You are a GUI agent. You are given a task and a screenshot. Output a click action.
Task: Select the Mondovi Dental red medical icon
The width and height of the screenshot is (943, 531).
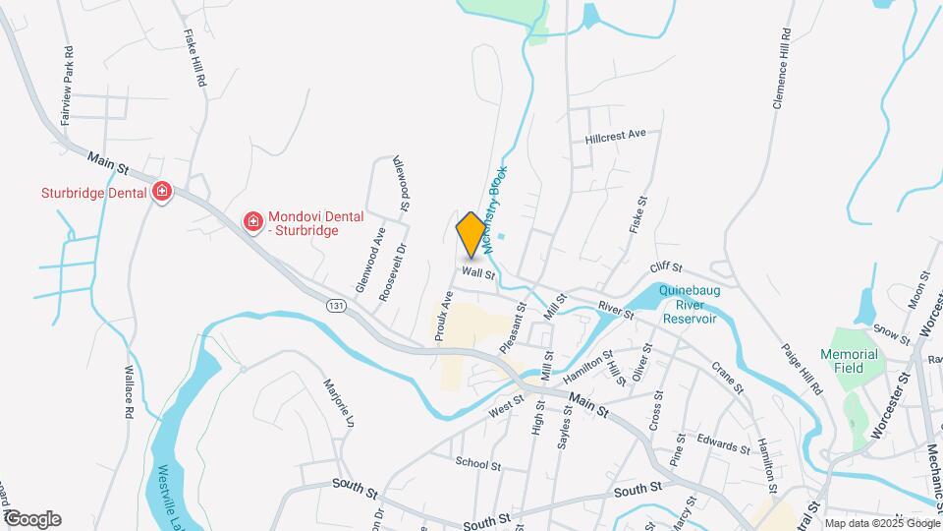(x=252, y=222)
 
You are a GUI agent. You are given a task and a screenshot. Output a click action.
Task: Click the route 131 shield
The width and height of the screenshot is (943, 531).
(x=337, y=307)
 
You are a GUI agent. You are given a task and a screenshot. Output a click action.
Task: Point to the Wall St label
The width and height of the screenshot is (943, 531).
(x=478, y=272)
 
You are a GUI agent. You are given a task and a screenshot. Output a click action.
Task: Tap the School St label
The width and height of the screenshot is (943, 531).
(x=478, y=463)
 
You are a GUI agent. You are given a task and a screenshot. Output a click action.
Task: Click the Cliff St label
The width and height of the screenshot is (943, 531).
(x=665, y=267)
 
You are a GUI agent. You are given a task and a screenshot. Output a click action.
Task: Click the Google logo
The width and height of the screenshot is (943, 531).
(x=31, y=519)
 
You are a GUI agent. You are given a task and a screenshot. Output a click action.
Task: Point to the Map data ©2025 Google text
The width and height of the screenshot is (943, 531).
(x=881, y=523)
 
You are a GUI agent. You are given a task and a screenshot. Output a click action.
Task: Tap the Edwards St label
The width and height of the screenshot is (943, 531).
(x=724, y=445)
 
